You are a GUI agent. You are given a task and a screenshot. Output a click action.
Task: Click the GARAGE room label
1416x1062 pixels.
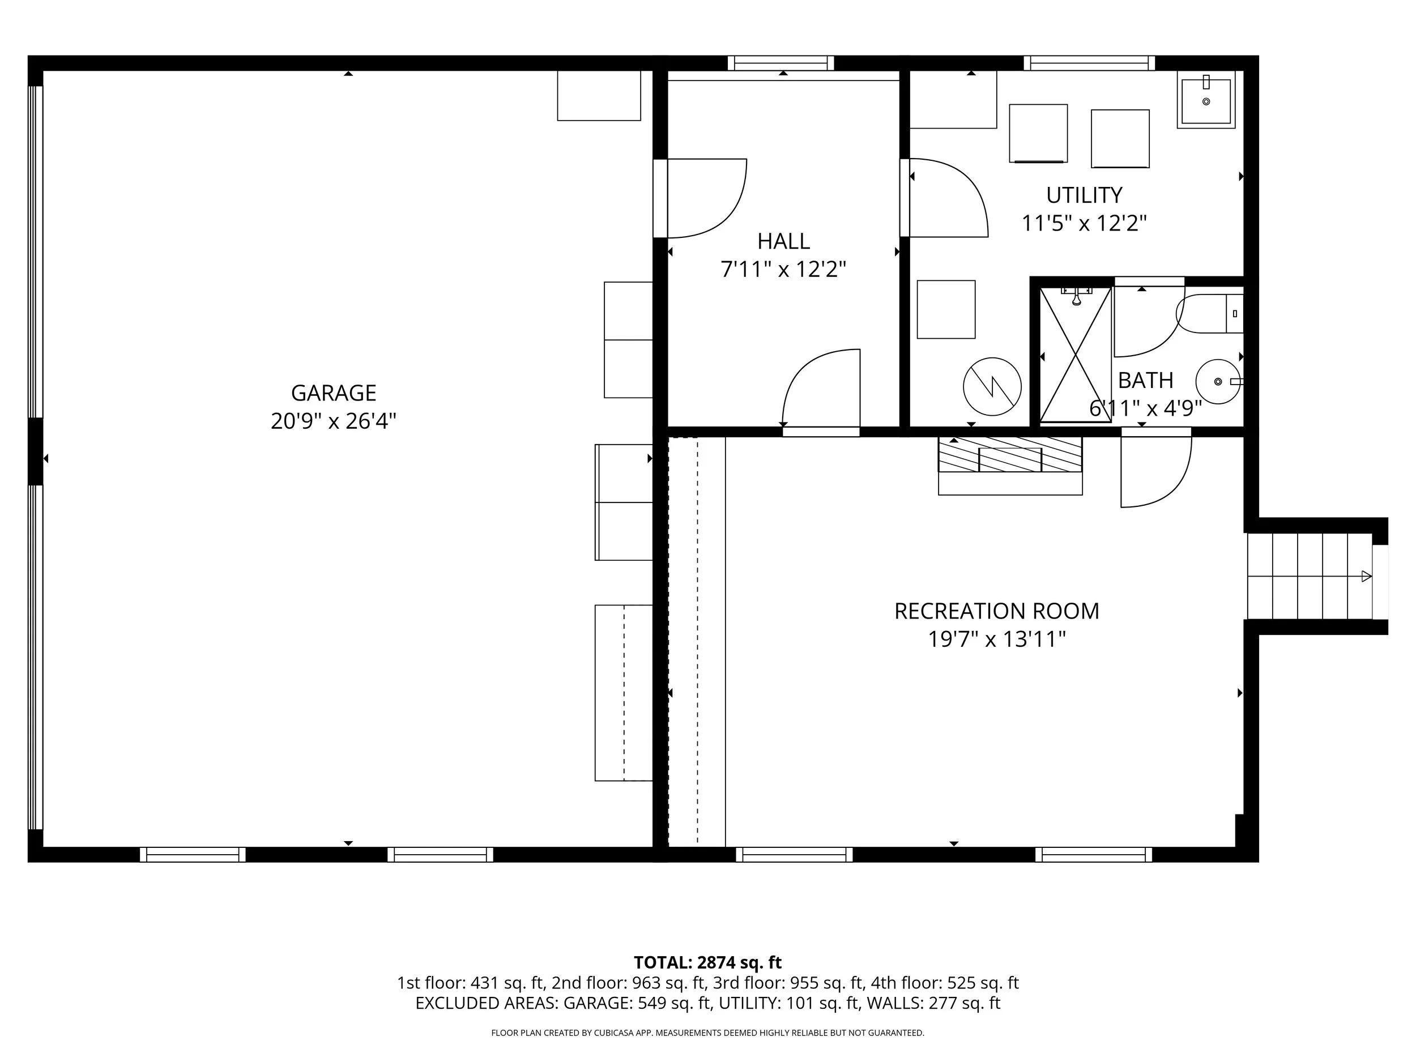334,393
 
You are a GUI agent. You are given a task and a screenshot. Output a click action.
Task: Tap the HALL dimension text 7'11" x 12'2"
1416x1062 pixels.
783,270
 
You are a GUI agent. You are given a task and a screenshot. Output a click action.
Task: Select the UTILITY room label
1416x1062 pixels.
1084,195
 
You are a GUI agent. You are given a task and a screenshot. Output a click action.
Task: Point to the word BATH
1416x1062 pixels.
1145,380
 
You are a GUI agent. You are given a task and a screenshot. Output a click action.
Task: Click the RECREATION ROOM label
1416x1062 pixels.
997,611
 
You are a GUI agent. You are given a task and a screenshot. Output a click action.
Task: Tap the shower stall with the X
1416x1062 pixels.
1076,355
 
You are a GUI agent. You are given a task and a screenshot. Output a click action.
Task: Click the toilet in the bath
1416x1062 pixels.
1209,314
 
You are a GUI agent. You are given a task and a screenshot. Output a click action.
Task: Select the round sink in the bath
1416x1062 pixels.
1218,382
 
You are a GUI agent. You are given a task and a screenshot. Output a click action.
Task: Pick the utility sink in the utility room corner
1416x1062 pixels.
1206,100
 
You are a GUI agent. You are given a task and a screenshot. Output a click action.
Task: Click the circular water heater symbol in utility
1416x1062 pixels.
992,386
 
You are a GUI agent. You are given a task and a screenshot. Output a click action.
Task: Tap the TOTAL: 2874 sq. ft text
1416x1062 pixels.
707,962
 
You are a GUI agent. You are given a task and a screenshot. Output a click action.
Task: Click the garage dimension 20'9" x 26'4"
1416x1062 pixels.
334,421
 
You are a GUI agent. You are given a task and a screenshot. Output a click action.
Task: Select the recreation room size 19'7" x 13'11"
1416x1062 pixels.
997,639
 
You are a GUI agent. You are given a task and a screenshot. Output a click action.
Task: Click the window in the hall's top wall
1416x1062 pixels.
780,63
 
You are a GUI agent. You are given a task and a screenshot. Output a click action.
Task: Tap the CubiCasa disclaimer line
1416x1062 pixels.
707,1033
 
